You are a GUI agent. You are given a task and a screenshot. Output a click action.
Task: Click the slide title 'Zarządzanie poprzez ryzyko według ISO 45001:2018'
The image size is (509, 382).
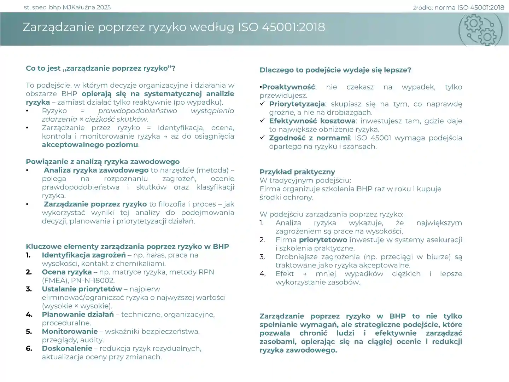point(174,27)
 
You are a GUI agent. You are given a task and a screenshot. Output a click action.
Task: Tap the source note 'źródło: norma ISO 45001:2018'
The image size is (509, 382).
point(458,7)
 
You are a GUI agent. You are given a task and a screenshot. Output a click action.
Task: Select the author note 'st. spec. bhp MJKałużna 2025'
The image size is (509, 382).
point(67,7)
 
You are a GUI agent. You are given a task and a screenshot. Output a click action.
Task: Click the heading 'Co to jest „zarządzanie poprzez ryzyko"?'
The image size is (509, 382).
point(100,68)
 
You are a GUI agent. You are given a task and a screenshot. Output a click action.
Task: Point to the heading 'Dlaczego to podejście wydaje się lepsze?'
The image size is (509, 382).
point(335,70)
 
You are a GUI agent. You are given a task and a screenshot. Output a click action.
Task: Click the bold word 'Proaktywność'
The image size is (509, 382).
point(288,87)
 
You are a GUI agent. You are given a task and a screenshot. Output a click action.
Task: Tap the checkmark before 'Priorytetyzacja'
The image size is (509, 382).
point(262,104)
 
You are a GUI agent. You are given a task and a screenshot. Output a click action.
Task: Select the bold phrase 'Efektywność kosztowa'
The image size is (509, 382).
point(312,121)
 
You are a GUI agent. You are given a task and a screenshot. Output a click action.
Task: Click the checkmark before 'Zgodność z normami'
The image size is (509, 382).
point(262,138)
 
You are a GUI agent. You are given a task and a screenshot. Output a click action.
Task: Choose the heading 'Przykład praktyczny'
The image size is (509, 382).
point(297,172)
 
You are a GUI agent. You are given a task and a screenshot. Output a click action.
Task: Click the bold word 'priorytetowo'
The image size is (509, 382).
point(323,240)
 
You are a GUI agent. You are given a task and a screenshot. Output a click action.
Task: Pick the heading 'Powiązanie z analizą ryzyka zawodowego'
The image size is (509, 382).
point(103,162)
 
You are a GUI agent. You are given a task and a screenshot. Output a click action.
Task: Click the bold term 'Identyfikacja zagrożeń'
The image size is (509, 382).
point(83,255)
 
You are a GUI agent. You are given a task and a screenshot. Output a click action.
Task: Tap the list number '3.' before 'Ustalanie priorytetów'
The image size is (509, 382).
point(29,289)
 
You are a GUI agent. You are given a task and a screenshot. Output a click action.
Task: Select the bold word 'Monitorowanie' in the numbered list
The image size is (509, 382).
point(70,331)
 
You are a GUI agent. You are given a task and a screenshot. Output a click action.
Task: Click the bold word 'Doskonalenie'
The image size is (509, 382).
point(67,348)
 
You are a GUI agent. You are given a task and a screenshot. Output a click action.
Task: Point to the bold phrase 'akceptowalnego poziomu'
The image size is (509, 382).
point(90,145)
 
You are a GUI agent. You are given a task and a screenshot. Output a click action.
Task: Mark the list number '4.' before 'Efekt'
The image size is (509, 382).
point(262,274)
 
